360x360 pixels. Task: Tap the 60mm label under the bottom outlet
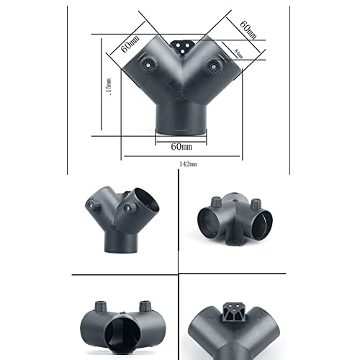click(x=181, y=146)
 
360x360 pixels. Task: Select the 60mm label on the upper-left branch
click(x=126, y=45)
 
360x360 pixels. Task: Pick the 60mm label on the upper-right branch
click(x=248, y=30)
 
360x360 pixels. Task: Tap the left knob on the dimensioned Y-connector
click(x=149, y=66)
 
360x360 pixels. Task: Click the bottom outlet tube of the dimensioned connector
click(x=181, y=119)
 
